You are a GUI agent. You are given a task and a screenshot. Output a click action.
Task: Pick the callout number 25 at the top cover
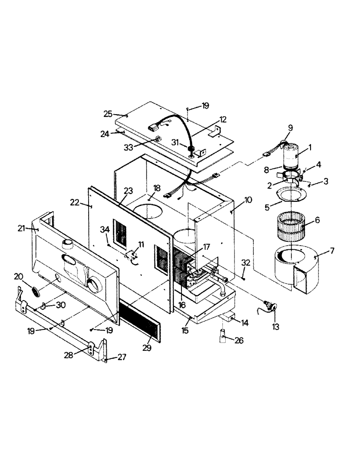click(108, 114)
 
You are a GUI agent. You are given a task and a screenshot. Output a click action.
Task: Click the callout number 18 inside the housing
click(157, 187)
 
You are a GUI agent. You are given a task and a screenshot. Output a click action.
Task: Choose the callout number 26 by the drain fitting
click(239, 340)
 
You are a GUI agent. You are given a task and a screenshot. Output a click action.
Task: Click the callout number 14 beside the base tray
click(244, 322)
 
